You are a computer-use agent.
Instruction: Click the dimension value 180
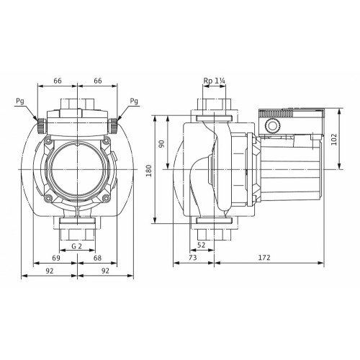(x=149, y=171)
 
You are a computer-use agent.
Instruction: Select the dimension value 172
(x=264, y=258)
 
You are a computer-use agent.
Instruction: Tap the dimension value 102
(x=334, y=140)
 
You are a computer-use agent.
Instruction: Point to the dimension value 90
(x=162, y=144)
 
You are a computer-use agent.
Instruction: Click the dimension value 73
(x=193, y=258)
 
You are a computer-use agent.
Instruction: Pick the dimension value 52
(x=202, y=245)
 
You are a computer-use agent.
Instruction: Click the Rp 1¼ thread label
(x=214, y=81)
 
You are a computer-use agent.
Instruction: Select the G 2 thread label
(x=77, y=246)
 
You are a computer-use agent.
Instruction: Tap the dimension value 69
(x=56, y=258)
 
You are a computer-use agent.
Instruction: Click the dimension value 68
(x=97, y=258)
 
